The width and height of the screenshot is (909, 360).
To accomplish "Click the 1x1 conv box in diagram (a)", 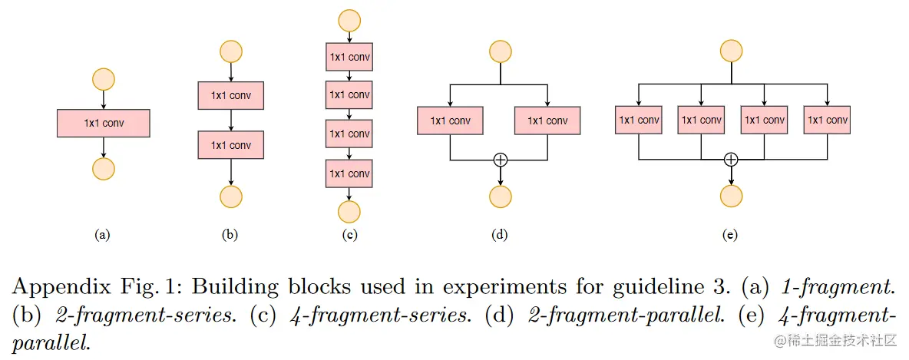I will pyautogui.click(x=103, y=123).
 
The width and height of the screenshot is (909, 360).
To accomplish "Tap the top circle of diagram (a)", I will pyautogui.click(x=103, y=79).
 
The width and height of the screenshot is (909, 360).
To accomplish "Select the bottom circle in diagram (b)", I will pyautogui.click(x=230, y=197).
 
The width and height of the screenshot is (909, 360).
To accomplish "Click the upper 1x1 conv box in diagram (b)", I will pyautogui.click(x=230, y=96).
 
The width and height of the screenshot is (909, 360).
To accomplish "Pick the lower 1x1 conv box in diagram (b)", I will pyautogui.click(x=230, y=145).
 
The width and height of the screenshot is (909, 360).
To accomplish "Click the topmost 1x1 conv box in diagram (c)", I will pyautogui.click(x=349, y=57).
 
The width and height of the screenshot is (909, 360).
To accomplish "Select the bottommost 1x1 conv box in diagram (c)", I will pyautogui.click(x=349, y=173).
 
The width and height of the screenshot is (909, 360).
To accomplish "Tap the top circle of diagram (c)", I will pyautogui.click(x=349, y=20).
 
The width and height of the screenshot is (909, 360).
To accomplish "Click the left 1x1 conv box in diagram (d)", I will pyautogui.click(x=450, y=121).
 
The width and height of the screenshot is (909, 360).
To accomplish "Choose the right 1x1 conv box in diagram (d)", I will pyautogui.click(x=547, y=121).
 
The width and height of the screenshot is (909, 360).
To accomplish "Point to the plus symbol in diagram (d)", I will pyautogui.click(x=501, y=160).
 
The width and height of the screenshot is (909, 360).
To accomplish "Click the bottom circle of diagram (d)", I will pyautogui.click(x=501, y=197).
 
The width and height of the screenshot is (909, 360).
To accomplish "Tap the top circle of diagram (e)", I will pyautogui.click(x=731, y=51).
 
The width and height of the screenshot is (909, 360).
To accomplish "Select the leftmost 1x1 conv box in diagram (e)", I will pyautogui.click(x=639, y=120).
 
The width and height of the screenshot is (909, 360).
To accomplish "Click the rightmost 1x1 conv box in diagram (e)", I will pyautogui.click(x=828, y=120).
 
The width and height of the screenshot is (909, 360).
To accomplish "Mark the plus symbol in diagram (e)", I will pyautogui.click(x=731, y=160).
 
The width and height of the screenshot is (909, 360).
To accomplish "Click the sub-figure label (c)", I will pyautogui.click(x=349, y=235).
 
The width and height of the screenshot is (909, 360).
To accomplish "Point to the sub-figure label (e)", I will pyautogui.click(x=731, y=235).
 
